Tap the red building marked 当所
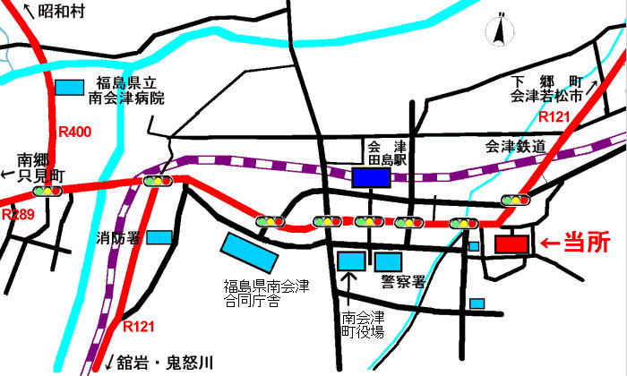[513, 243]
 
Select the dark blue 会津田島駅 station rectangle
[370, 177]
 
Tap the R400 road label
[74, 132]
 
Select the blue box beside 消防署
[159, 237]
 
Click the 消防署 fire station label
[119, 238]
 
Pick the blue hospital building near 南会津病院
[68, 87]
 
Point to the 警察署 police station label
[400, 281]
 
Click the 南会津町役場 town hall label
[363, 323]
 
